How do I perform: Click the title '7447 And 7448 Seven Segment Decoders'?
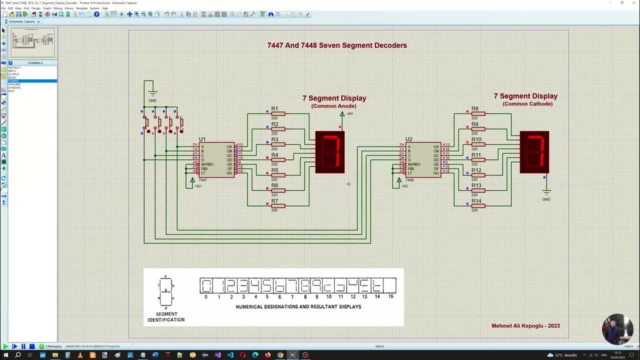(x=336, y=45)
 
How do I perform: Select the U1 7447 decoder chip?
(x=216, y=159)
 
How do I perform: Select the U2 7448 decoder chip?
(x=423, y=159)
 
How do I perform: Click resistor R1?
(x=278, y=113)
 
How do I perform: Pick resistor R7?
(x=278, y=205)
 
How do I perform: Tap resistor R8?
(x=478, y=113)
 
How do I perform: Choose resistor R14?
(x=478, y=205)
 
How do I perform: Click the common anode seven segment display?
(x=330, y=152)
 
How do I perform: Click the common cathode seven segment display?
(x=534, y=152)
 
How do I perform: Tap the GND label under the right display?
(x=546, y=199)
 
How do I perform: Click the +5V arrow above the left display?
(x=342, y=114)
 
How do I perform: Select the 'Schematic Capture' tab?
(x=21, y=21)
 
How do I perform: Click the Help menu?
(x=104, y=8)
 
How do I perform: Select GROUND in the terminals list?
(x=14, y=84)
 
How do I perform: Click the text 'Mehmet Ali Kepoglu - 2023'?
(x=525, y=326)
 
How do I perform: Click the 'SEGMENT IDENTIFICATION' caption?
(x=166, y=317)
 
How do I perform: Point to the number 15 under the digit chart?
(x=390, y=297)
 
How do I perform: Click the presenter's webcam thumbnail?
(x=617, y=329)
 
